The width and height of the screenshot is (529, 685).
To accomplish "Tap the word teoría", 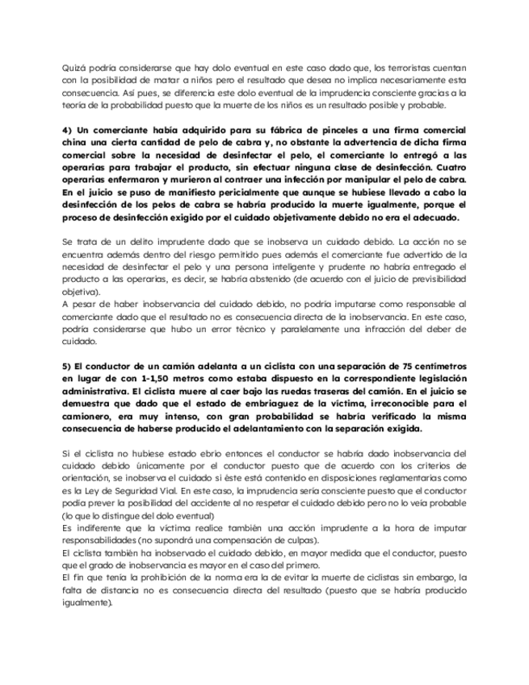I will point(74,106).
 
